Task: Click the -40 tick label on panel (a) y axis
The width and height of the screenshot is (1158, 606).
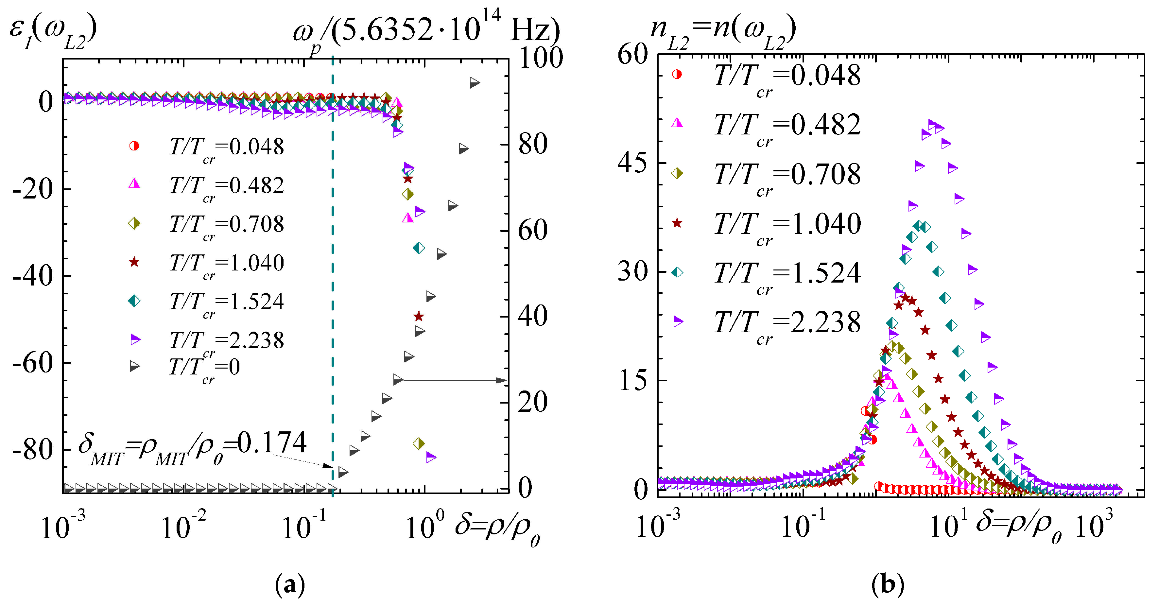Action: pyautogui.click(x=32, y=276)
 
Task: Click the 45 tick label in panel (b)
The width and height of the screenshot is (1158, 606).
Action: pyautogui.click(x=632, y=163)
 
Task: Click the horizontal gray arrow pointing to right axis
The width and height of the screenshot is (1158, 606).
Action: pyautogui.click(x=454, y=380)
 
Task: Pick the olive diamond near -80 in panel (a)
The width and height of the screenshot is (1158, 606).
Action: pyautogui.click(x=419, y=444)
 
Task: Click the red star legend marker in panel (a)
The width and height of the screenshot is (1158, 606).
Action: pyautogui.click(x=134, y=262)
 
